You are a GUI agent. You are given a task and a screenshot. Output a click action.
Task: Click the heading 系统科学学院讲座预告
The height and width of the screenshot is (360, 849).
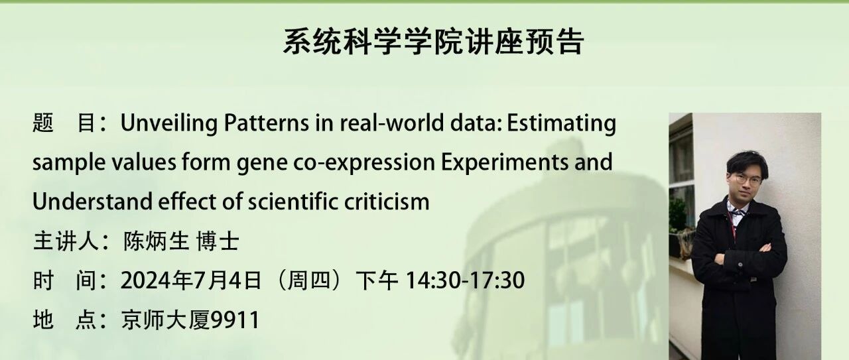pos(433,41)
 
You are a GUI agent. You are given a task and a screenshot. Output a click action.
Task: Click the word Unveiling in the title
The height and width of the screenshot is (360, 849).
pos(169,123)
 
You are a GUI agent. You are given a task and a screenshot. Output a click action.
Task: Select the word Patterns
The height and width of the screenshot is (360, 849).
pos(266,123)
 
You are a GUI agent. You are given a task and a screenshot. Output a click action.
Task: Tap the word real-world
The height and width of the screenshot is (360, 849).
pos(391,123)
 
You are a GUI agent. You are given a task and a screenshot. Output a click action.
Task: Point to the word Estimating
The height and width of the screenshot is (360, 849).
pos(561,123)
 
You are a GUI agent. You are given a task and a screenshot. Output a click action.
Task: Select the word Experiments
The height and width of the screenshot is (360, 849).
pos(505,163)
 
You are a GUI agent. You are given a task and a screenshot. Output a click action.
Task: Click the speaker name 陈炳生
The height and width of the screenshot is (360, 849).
pos(156,241)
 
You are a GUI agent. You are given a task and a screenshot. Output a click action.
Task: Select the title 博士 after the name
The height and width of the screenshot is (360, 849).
pos(218,241)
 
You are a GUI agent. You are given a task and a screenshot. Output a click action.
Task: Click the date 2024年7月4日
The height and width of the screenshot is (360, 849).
pos(191,280)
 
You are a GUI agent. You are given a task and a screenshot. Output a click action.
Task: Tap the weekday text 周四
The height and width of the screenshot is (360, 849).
pos(309,280)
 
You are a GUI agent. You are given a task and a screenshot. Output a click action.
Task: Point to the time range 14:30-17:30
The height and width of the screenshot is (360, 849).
pos(466,280)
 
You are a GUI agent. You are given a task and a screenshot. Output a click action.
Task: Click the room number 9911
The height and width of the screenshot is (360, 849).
pos(235,320)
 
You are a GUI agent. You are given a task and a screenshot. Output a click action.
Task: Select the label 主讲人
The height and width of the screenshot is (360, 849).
pos(66,241)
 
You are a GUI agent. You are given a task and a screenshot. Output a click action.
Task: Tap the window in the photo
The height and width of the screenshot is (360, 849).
pos(681,174)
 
